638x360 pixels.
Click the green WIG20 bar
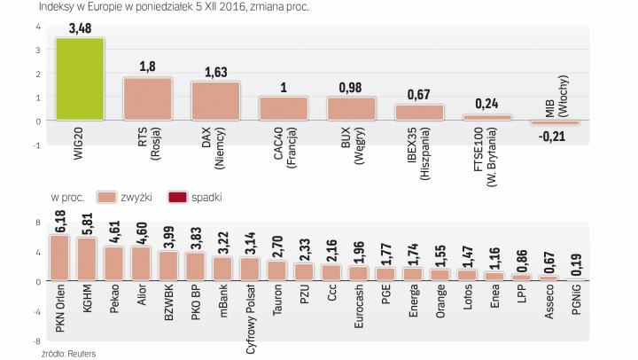[79, 80]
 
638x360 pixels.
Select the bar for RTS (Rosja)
[147, 99]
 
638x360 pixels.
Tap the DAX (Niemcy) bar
[215, 101]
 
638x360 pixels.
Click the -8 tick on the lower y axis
[37, 340]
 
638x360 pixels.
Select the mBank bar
[222, 269]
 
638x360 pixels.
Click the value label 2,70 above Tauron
[277, 247]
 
